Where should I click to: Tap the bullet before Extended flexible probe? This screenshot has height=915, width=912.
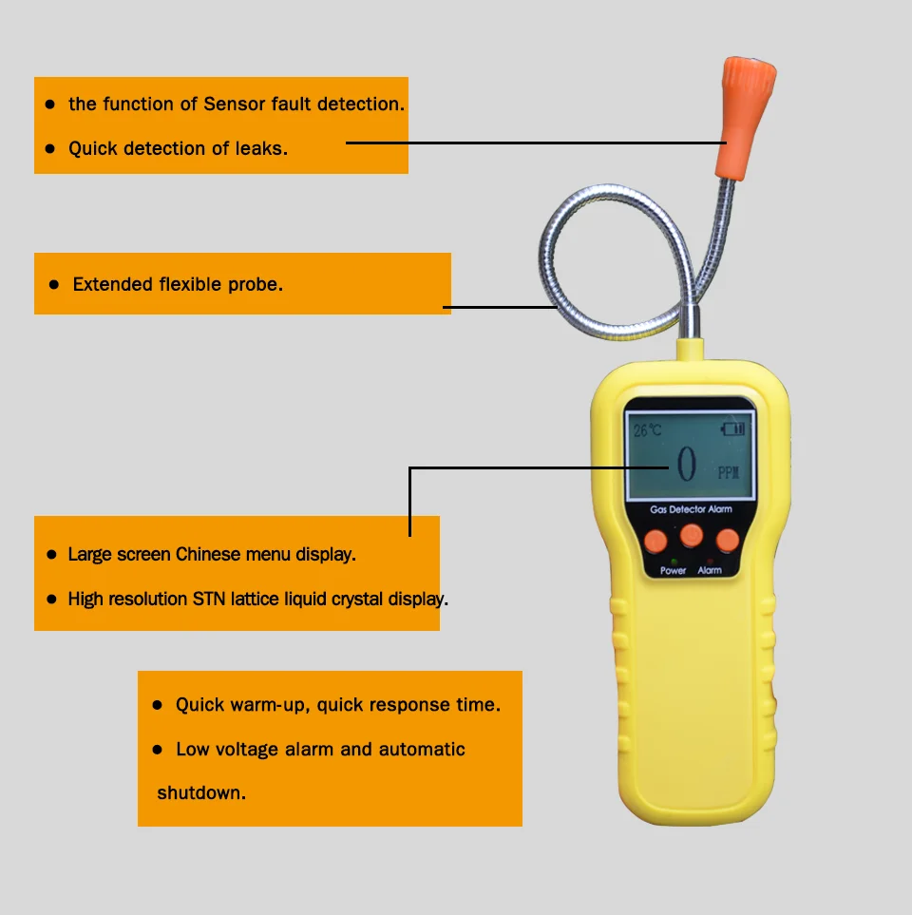point(54,284)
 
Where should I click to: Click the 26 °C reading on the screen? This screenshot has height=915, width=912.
point(648,430)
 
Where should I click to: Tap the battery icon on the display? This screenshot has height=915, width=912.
point(734,429)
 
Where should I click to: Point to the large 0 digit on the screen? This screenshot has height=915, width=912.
point(686,464)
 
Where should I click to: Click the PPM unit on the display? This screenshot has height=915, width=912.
point(728,472)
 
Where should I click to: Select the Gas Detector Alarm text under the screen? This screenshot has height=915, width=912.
point(691,510)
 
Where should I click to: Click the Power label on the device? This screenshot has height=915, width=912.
point(674,570)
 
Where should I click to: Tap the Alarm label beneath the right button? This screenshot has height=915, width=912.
point(710,570)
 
